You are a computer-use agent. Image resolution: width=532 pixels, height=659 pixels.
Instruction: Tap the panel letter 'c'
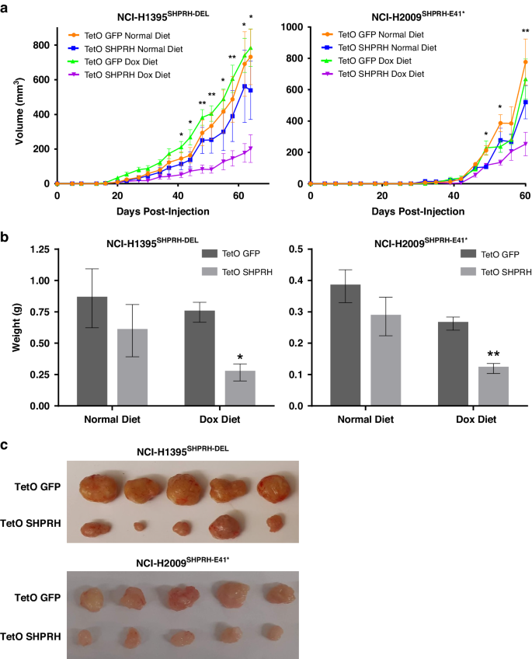(x=5, y=445)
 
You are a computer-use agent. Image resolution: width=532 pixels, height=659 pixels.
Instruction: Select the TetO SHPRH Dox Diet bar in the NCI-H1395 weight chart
(x=241, y=388)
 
